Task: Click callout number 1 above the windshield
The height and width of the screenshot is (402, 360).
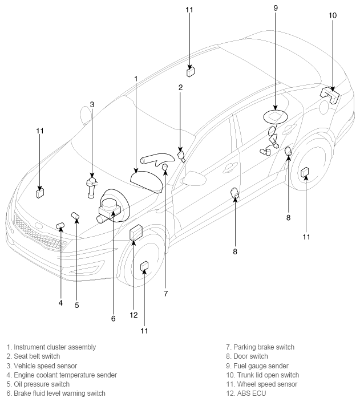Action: (x=136, y=79)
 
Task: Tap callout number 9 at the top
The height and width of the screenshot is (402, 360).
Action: (x=276, y=8)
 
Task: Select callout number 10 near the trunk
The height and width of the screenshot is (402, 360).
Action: (x=333, y=15)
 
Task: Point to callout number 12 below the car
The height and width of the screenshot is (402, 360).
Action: (x=134, y=315)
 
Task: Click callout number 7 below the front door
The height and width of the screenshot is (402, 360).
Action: (x=166, y=294)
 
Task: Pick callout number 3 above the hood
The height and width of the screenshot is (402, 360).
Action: (x=92, y=104)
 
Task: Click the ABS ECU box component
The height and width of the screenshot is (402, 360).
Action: (x=136, y=233)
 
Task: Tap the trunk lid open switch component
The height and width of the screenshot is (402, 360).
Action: (x=330, y=95)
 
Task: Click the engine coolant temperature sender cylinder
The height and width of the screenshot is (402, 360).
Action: (x=60, y=226)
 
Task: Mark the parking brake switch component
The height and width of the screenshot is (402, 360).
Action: (x=165, y=167)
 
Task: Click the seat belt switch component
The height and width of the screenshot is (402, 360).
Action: (x=181, y=156)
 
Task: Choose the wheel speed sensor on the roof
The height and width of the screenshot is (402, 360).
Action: (x=191, y=71)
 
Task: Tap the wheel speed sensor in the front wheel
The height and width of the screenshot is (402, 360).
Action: (x=144, y=266)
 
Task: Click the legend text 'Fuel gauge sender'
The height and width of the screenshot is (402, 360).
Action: (x=261, y=366)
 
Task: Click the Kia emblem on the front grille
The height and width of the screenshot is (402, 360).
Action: (x=38, y=226)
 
